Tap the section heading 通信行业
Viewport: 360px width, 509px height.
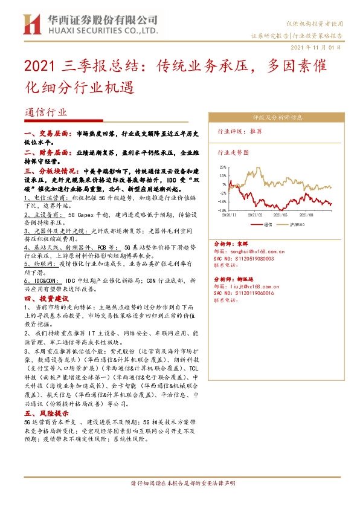click(x=47, y=112)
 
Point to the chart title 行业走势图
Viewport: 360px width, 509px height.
click(x=233, y=153)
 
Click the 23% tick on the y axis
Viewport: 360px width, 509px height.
click(x=223, y=167)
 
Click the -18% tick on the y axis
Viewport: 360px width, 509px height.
click(x=222, y=210)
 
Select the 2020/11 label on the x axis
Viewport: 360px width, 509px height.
click(x=230, y=214)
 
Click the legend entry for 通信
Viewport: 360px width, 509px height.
click(x=268, y=224)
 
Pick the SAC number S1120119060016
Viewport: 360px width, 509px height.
click(x=245, y=293)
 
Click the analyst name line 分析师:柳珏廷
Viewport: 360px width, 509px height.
click(x=236, y=280)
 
